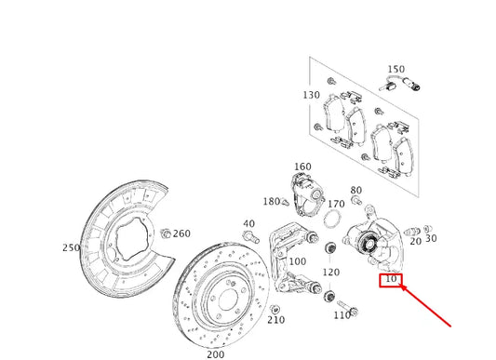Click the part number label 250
coord(70,247)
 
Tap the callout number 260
coord(182,233)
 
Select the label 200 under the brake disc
coord(215,353)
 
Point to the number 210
coord(275,320)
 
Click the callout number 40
coord(248,224)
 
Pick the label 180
coord(271,201)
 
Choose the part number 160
coord(302,167)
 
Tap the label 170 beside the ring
coord(336,204)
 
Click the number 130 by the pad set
coord(311,95)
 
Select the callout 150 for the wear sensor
coord(395,70)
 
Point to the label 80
coord(356,190)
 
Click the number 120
coord(330,272)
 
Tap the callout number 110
coord(342,315)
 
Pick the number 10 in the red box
coord(391,279)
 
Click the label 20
coord(415,240)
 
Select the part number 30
coord(431,238)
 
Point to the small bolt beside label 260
coord(165,232)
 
